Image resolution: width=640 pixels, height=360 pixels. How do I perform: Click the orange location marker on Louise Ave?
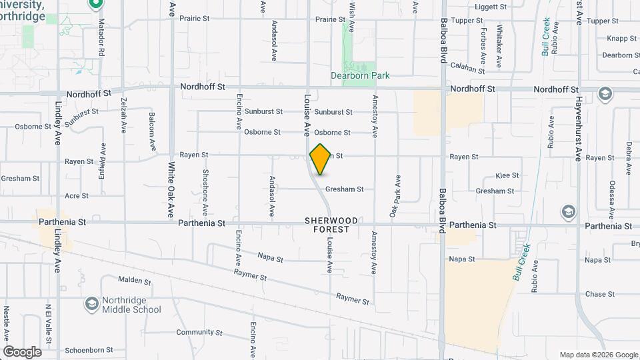[321, 159]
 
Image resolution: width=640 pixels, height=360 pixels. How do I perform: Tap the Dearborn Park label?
[360, 76]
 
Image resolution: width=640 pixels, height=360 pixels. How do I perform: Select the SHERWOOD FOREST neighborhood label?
[331, 225]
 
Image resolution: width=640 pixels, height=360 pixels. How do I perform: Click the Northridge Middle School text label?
[131, 305]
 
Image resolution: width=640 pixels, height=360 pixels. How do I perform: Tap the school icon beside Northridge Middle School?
[91, 304]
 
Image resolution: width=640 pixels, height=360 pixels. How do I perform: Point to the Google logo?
[22, 352]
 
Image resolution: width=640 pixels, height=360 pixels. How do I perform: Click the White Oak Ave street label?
[171, 190]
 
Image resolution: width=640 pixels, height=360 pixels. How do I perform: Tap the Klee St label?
[507, 175]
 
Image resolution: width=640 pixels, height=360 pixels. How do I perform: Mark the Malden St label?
[135, 281]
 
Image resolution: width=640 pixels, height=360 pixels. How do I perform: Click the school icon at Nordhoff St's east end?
[605, 93]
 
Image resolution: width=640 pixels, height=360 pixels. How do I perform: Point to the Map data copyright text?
[598, 355]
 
